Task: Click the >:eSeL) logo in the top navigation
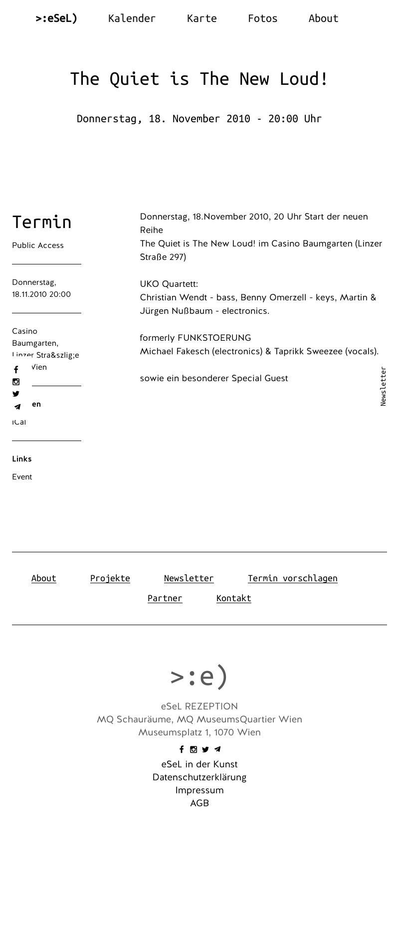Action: click(x=56, y=18)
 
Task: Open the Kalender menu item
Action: click(x=132, y=18)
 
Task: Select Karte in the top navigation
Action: click(x=201, y=18)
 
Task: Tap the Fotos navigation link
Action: click(x=262, y=18)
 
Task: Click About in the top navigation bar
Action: click(x=323, y=18)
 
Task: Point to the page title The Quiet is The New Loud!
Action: click(x=199, y=79)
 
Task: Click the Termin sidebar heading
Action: click(x=42, y=222)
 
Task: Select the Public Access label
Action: click(x=38, y=245)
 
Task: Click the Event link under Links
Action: click(x=22, y=477)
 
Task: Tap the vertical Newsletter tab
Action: click(x=383, y=386)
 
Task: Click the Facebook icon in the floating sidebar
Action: click(x=16, y=370)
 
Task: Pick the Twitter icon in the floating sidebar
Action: click(x=16, y=394)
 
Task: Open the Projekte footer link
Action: click(x=110, y=578)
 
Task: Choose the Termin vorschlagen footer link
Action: click(x=292, y=578)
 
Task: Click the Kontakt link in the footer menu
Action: click(x=233, y=598)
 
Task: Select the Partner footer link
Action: click(x=165, y=598)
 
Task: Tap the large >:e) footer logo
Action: click(x=199, y=677)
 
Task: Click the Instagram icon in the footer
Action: click(x=194, y=749)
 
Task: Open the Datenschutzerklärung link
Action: click(x=199, y=777)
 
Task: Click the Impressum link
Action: click(x=199, y=790)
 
